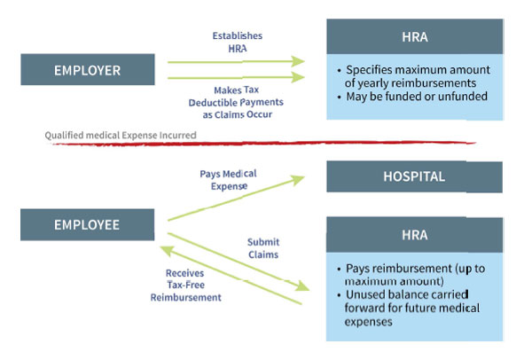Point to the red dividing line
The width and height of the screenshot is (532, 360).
(x=355, y=140)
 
